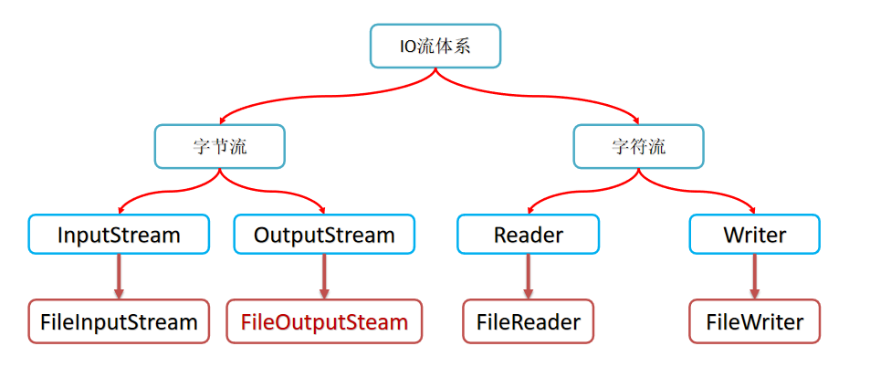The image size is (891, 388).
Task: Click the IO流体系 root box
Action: click(x=435, y=46)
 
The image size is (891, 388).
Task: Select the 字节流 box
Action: click(x=219, y=146)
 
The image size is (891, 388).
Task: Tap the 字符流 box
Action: click(x=638, y=146)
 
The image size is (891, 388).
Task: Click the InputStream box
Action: click(x=119, y=235)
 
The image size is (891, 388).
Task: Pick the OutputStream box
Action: click(x=324, y=235)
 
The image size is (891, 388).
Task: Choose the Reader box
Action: click(x=529, y=235)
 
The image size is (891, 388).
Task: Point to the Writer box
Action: click(x=754, y=235)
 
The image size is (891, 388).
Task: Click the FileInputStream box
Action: click(x=119, y=321)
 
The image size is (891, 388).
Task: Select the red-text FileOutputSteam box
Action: click(x=324, y=321)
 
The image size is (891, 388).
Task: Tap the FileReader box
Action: click(x=529, y=321)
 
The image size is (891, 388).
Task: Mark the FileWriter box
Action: click(x=754, y=321)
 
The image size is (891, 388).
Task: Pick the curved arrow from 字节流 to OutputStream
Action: click(x=283, y=191)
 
